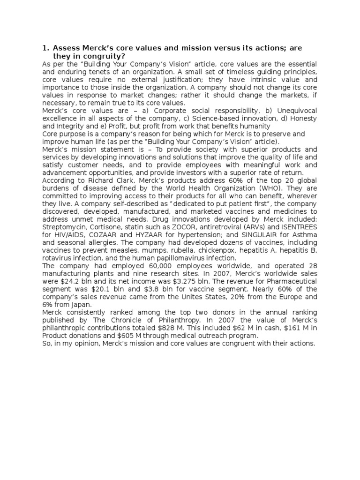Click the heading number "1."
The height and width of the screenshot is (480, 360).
46,47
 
